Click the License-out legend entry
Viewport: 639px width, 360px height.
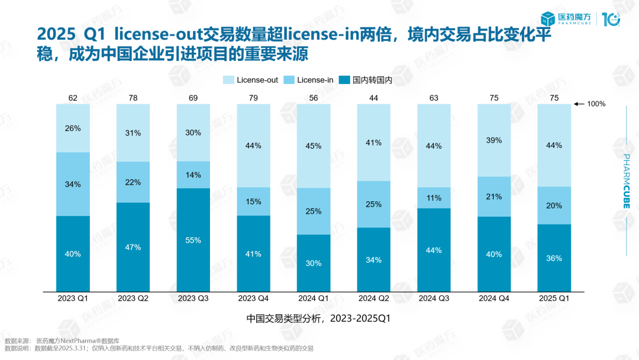(251, 80)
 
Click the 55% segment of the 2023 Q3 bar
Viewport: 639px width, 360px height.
(193, 240)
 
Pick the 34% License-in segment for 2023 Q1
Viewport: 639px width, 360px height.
(73, 184)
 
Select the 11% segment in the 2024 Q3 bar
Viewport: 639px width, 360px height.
(434, 198)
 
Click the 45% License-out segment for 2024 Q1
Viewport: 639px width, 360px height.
(314, 146)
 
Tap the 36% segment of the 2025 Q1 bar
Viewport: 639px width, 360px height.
(554, 258)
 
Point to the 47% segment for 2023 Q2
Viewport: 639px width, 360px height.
(133, 247)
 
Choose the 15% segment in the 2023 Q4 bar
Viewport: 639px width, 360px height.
(253, 201)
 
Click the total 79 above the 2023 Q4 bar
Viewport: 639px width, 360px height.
(253, 98)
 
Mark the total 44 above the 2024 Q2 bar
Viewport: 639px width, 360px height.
(374, 98)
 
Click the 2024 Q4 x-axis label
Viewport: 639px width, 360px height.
(494, 299)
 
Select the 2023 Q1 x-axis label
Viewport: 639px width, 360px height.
(73, 299)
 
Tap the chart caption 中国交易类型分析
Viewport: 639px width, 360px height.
(319, 319)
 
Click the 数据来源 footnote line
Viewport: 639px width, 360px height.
(62, 341)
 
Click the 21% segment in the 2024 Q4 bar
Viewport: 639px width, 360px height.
(494, 197)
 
